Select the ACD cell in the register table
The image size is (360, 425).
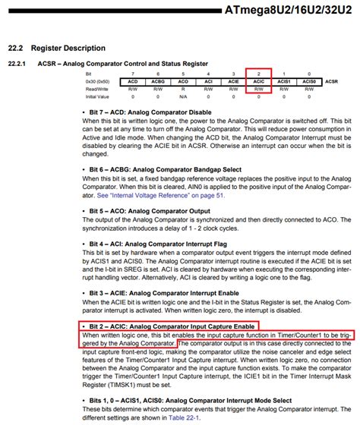click(x=133, y=80)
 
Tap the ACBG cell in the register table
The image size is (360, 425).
click(x=158, y=80)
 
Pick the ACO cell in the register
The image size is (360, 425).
click(x=183, y=80)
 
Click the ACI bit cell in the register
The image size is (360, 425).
click(x=208, y=80)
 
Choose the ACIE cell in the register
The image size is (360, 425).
click(x=233, y=80)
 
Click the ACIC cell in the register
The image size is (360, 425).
click(x=258, y=80)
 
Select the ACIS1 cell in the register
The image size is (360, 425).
click(x=283, y=80)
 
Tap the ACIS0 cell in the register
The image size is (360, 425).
click(x=308, y=80)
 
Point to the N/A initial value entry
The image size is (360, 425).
click(x=183, y=96)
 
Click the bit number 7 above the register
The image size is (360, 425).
click(x=133, y=72)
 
